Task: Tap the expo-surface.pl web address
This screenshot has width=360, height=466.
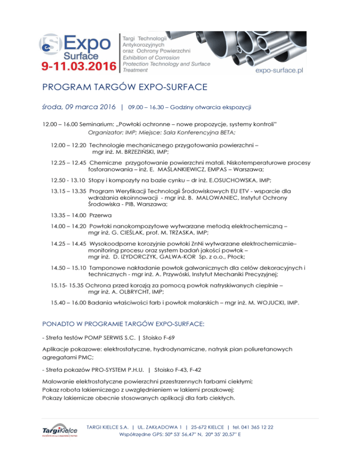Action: [x=279, y=69]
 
